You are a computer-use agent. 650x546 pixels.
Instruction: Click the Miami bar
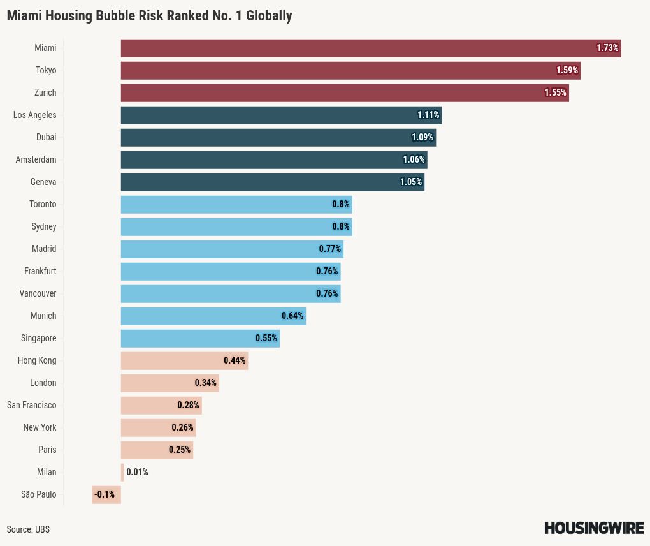[357, 48]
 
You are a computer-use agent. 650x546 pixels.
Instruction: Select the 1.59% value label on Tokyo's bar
[567, 70]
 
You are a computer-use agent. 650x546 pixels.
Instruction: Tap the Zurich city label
[45, 92]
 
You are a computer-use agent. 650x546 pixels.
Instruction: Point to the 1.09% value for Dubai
[422, 137]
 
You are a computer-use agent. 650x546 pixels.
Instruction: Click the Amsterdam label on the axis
[36, 159]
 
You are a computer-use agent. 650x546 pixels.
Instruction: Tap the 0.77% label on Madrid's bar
[330, 249]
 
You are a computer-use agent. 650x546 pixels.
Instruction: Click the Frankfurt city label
[40, 271]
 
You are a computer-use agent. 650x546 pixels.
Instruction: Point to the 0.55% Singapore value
[266, 338]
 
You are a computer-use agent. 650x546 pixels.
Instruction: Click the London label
[43, 383]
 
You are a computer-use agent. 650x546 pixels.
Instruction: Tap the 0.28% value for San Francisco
[189, 405]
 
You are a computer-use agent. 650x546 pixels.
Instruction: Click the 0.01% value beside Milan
[138, 472]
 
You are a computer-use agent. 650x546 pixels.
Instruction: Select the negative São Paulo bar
[106, 494]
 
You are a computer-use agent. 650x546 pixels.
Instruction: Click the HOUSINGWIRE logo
[594, 528]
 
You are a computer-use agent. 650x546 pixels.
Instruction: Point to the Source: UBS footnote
[28, 529]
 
